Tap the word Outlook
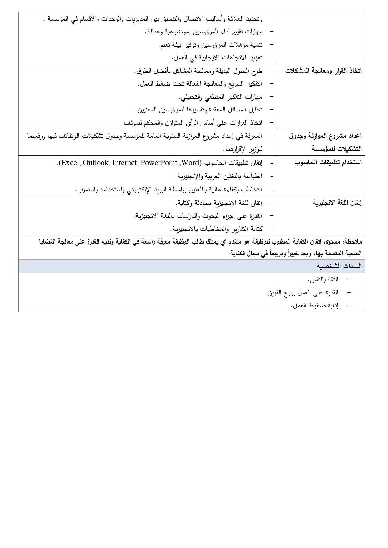[x=95, y=163]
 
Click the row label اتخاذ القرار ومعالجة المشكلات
[x=323, y=71]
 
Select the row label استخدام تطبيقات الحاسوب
[x=328, y=163]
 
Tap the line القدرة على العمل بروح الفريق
[x=301, y=293]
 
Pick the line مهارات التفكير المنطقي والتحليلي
[x=220, y=97]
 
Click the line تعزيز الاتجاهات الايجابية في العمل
[x=217, y=57]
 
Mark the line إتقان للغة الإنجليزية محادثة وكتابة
[x=219, y=203]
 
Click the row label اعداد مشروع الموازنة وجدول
[x=325, y=136]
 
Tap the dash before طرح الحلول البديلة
[x=271, y=71]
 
